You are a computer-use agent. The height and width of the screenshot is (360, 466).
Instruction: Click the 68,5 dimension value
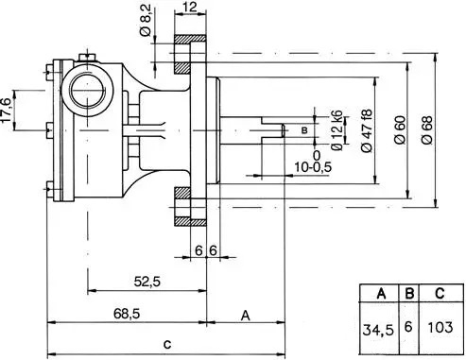tap(127, 314)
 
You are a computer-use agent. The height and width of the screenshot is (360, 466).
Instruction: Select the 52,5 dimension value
tap(147, 282)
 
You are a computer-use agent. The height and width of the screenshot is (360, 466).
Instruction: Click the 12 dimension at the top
tap(189, 7)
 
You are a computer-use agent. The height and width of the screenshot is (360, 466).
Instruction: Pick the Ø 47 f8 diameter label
tap(367, 130)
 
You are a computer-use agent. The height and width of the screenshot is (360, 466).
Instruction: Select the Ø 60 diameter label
tap(400, 129)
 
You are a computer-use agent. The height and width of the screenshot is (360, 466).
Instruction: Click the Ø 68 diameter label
tap(427, 129)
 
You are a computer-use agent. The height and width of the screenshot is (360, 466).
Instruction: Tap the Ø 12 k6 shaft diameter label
tap(337, 130)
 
